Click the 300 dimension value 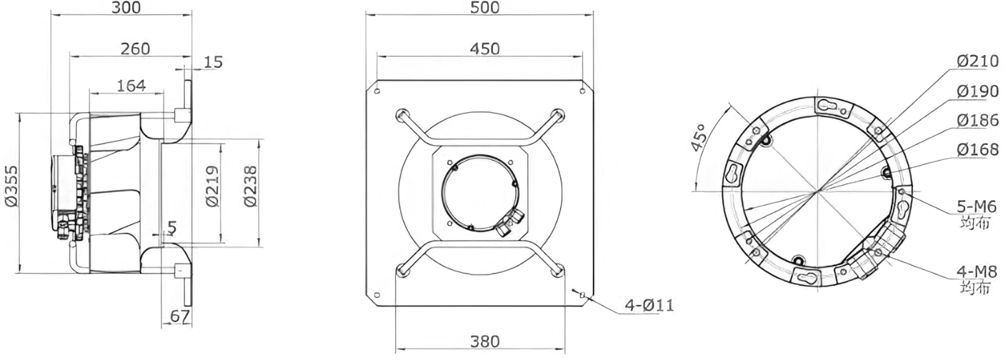tap(126, 7)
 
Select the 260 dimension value tap(135, 49)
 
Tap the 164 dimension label tap(131, 86)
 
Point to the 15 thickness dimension tap(213, 62)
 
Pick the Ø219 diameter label tap(213, 186)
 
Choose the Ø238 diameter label tap(251, 186)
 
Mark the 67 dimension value tap(180, 316)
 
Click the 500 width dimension tap(484, 7)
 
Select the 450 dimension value tap(484, 49)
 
